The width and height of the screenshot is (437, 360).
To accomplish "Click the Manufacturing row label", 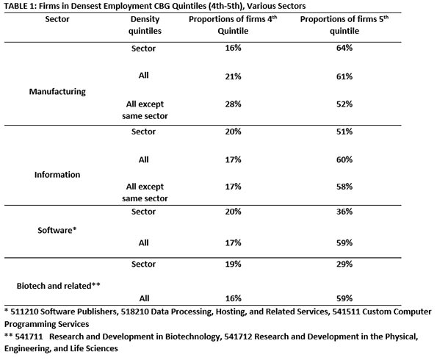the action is click(x=57, y=92).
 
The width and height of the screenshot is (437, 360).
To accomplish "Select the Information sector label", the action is click(x=57, y=175).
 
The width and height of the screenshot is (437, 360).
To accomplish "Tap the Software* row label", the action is click(x=57, y=231).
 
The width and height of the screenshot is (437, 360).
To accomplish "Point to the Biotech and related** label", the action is click(x=59, y=286).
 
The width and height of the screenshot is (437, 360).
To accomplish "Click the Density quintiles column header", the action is click(x=145, y=25).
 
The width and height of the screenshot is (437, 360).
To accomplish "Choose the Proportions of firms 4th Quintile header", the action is click(x=233, y=25).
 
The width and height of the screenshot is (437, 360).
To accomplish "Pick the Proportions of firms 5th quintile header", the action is click(x=344, y=25).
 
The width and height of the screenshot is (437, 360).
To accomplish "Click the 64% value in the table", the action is click(x=344, y=48).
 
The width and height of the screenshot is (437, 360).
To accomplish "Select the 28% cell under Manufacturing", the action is click(x=234, y=104).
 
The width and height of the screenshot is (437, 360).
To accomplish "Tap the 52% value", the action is click(x=344, y=104).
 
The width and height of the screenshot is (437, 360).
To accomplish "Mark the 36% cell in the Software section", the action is click(x=344, y=212).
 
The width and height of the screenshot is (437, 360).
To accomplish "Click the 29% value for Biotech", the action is click(x=344, y=264).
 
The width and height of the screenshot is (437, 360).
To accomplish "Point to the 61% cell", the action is click(x=344, y=76).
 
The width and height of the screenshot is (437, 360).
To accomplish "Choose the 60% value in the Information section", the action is click(x=344, y=159).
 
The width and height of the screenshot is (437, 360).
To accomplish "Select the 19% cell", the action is click(x=234, y=264).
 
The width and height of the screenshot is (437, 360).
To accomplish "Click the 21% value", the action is click(x=234, y=76).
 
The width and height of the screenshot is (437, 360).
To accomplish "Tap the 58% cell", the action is click(x=344, y=187).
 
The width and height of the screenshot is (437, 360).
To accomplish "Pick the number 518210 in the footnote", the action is click(x=134, y=312).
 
